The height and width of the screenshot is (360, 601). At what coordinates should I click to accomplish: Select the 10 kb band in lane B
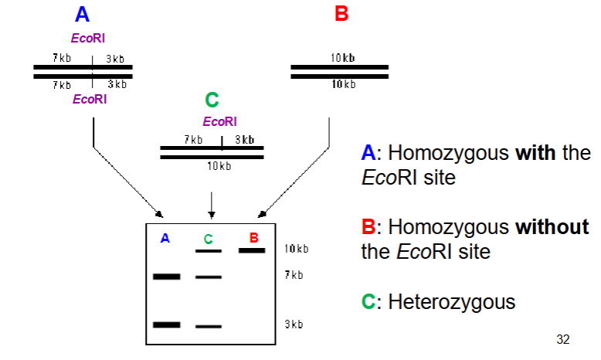(x=251, y=250)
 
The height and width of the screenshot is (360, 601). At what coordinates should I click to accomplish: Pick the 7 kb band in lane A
(x=166, y=276)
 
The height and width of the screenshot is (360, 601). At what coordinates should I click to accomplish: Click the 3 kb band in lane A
(x=166, y=324)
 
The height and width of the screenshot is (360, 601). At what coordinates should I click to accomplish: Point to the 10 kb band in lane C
(x=208, y=250)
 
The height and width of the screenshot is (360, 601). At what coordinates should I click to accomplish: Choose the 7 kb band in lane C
(x=208, y=276)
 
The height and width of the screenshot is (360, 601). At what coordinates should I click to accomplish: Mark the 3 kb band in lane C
(x=208, y=326)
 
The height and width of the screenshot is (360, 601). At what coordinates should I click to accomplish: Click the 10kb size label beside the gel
(x=296, y=250)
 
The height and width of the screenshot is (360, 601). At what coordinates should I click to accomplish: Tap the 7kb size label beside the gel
(x=294, y=275)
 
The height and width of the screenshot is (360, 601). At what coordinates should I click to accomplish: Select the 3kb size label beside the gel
(x=294, y=324)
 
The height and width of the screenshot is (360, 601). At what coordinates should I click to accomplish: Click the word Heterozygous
(x=451, y=301)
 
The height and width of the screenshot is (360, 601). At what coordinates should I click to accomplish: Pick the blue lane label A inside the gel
(x=165, y=239)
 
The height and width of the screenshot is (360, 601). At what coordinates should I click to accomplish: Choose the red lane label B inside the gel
(x=253, y=236)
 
